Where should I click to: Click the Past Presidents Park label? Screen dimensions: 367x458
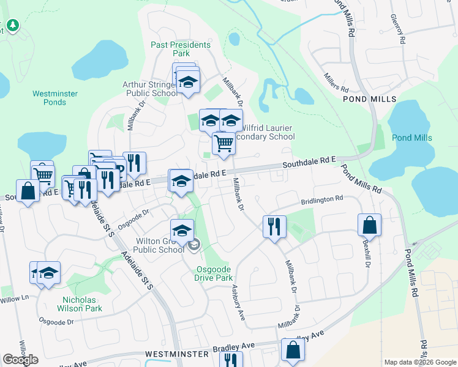pos(181,49)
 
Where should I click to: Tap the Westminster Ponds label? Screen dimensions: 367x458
pos(54,98)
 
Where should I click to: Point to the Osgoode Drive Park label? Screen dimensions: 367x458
pos(214,273)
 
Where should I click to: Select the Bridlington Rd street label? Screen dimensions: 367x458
pos(321,200)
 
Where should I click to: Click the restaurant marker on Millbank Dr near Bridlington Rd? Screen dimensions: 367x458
pos(274,226)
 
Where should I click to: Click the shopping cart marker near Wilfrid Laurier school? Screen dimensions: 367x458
pos(224,143)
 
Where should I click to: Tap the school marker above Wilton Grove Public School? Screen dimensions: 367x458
pos(182,231)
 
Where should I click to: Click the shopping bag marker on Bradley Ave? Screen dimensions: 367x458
pos(293,350)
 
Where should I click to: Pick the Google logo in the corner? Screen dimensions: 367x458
pos(20,360)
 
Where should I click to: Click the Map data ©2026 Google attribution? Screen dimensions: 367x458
pos(420,362)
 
